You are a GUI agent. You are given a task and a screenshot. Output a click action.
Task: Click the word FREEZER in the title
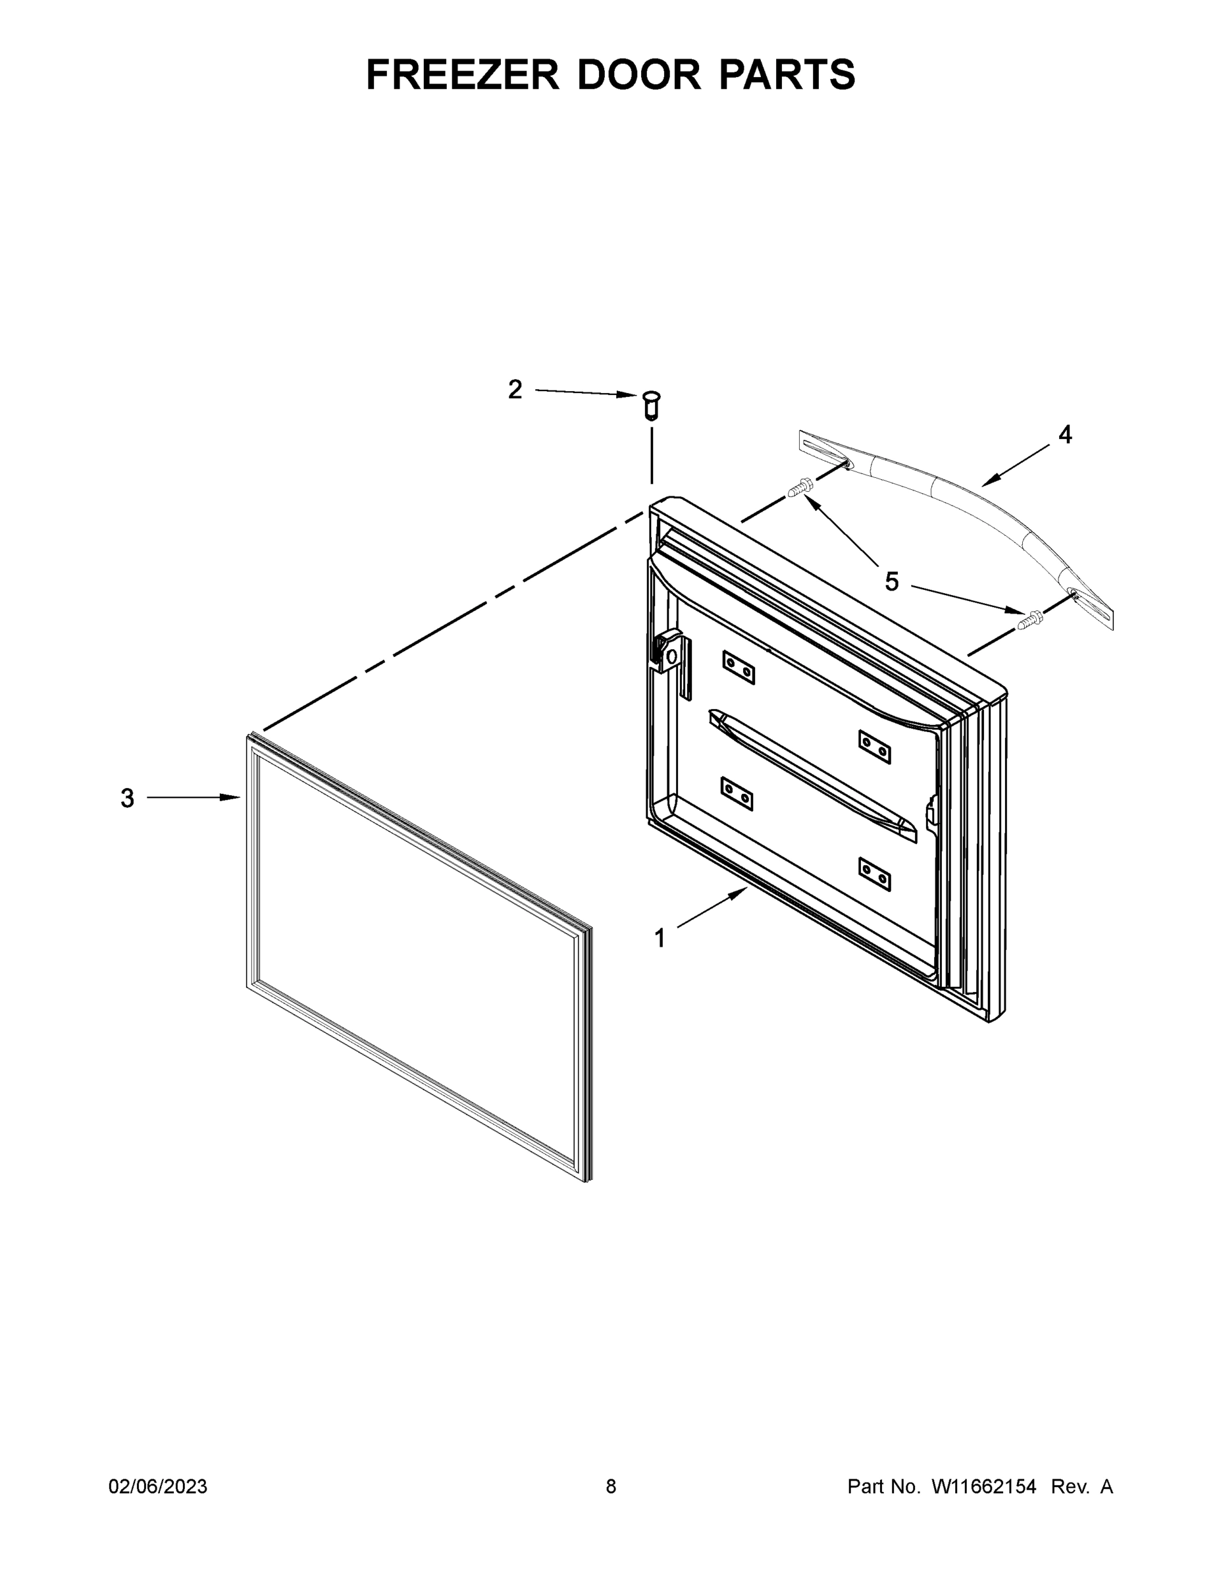pos(463,74)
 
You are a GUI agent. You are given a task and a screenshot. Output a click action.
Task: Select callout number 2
pos(515,390)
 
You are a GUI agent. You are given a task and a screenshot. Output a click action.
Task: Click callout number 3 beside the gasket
pos(127,798)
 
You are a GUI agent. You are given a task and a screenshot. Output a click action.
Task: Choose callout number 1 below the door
pos(660,938)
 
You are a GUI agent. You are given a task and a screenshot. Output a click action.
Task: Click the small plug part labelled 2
pos(651,404)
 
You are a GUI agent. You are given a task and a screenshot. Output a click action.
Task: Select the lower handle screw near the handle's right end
pos(1029,619)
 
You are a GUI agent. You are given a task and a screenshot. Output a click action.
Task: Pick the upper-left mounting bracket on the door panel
pos(739,666)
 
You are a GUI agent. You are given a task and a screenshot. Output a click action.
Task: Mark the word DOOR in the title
pos(638,74)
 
